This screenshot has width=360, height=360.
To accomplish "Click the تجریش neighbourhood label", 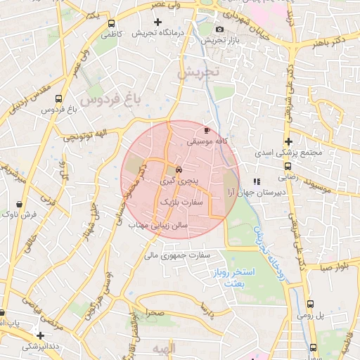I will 199,72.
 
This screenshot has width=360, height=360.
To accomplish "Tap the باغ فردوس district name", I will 109,100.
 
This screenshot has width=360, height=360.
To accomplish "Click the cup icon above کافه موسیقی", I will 207,130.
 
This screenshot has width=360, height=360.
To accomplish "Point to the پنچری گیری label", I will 179,181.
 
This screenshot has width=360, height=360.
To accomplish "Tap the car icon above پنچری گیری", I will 179,170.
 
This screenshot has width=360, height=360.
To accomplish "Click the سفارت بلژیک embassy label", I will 182,201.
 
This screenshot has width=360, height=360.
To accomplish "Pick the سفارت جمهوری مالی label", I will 177,255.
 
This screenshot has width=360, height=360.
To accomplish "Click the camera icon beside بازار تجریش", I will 220,29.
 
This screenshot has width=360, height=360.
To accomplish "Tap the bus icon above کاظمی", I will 111,22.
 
